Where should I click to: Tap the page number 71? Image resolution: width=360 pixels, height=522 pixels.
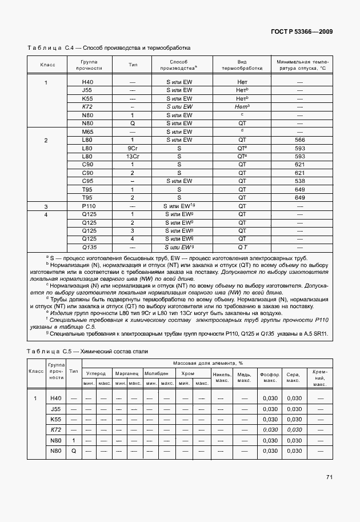click(x=329, y=477)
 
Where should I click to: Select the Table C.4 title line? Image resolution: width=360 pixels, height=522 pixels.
click(x=109, y=48)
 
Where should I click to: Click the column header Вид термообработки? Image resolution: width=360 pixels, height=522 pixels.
click(x=242, y=64)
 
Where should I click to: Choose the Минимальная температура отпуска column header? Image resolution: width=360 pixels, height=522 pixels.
click(x=300, y=64)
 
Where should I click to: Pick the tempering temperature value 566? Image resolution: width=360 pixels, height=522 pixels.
click(x=299, y=140)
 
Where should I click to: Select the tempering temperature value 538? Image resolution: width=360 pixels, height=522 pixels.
click(x=299, y=181)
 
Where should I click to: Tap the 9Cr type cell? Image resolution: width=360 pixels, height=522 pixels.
click(x=132, y=148)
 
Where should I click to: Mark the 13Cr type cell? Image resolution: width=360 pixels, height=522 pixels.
click(x=132, y=156)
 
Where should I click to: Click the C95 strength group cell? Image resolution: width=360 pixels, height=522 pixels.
click(x=87, y=181)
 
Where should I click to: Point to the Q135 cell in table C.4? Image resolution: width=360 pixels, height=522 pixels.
click(x=89, y=247)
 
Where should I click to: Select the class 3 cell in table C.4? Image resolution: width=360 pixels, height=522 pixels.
click(x=46, y=206)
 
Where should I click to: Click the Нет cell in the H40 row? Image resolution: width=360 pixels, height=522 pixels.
click(x=242, y=82)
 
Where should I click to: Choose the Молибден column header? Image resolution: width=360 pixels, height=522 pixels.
click(x=156, y=373)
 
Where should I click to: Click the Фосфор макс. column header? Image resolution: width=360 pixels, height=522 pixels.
click(x=269, y=377)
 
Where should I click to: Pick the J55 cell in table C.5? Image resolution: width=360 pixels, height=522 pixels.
click(x=55, y=409)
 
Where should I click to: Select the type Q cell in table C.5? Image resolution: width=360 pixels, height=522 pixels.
click(x=73, y=451)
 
